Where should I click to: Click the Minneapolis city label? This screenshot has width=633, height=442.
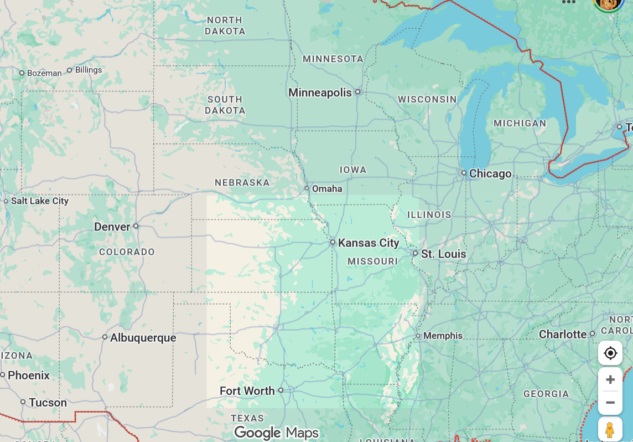pyautogui.click(x=320, y=92)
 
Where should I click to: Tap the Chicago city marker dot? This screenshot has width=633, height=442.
pyautogui.click(x=464, y=173)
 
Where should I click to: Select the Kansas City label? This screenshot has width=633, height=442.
pyautogui.click(x=369, y=243)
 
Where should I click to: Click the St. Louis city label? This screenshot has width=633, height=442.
pyautogui.click(x=443, y=254)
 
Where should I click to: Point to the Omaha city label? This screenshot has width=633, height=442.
pyautogui.click(x=327, y=189)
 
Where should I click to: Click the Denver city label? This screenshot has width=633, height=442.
pyautogui.click(x=112, y=227)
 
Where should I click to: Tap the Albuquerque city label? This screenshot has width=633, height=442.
pyautogui.click(x=143, y=337)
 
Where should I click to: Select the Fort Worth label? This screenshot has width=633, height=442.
pyautogui.click(x=247, y=390)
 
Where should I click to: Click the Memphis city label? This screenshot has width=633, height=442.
pyautogui.click(x=443, y=336)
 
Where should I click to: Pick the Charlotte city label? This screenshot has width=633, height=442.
pyautogui.click(x=563, y=334)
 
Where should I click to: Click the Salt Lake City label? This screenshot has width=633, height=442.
pyautogui.click(x=40, y=201)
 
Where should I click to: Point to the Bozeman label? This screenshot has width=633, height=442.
pyautogui.click(x=44, y=73)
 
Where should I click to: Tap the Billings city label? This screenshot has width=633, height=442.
pyautogui.click(x=89, y=70)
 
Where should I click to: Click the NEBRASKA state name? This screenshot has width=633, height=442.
pyautogui.click(x=242, y=182)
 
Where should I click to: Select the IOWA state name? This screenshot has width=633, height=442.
pyautogui.click(x=353, y=169)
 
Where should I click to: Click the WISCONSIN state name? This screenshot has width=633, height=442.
pyautogui.click(x=427, y=99)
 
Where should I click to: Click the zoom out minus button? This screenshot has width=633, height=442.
pyautogui.click(x=610, y=403)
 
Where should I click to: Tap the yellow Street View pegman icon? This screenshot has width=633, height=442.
pyautogui.click(x=610, y=430)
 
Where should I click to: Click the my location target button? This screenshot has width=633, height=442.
pyautogui.click(x=610, y=353)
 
